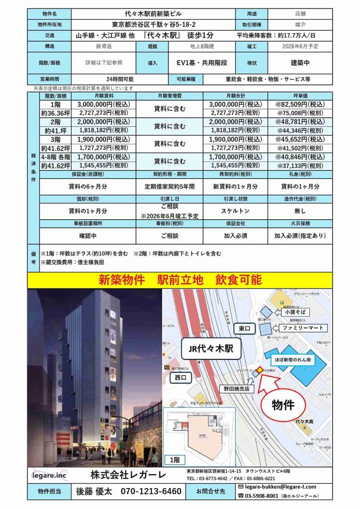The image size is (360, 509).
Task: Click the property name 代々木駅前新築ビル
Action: (153, 13)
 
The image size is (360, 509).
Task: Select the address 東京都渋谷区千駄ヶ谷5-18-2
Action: (153, 24)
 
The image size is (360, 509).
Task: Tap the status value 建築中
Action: (301, 63)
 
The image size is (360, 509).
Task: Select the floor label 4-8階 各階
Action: (56, 157)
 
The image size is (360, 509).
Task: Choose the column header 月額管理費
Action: (170, 95)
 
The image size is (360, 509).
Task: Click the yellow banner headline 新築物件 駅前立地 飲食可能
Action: (180, 280)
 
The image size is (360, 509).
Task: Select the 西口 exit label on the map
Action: (183, 377)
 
